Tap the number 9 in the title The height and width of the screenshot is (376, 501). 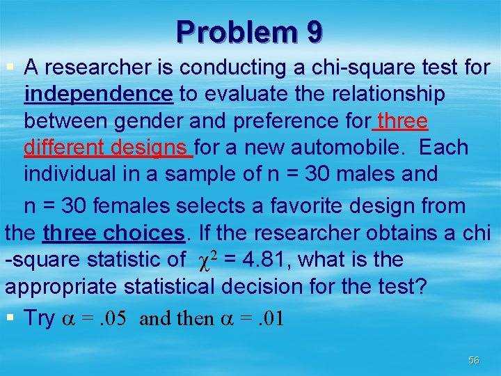[313, 32]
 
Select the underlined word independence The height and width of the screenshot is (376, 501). [98, 93]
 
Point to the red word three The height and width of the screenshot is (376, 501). [401, 121]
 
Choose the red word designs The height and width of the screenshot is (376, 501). [154, 148]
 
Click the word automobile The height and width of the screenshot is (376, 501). [355, 148]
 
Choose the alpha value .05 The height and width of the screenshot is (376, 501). [112, 318]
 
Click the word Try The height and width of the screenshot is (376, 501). [40, 318]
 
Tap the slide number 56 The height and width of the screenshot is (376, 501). [474, 360]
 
